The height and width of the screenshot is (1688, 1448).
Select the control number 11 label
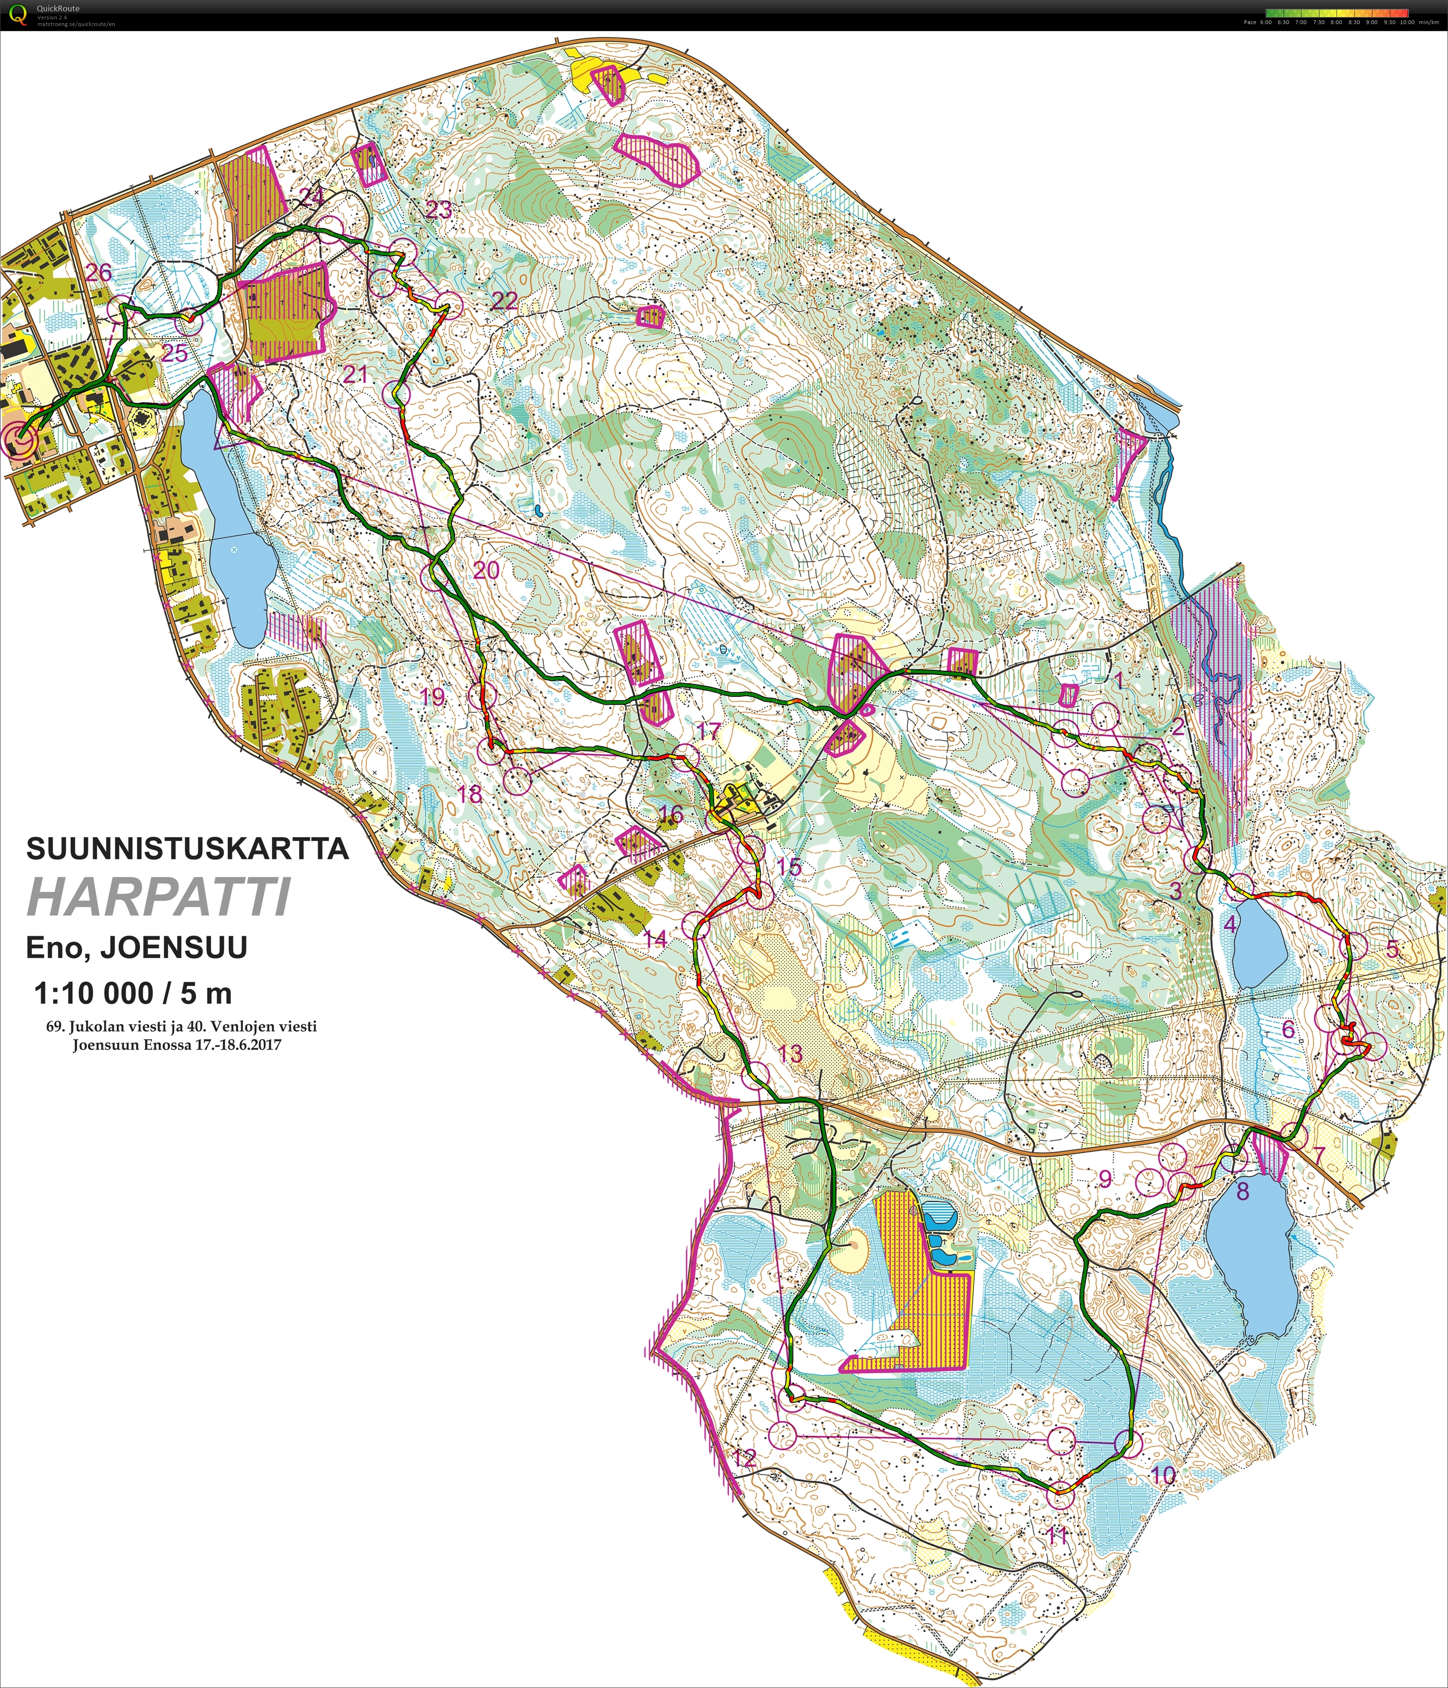[x=1057, y=1535]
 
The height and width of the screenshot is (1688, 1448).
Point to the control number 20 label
[x=486, y=570]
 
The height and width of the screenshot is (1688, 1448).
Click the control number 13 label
[x=790, y=1053]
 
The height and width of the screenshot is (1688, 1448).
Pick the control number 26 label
[x=99, y=272]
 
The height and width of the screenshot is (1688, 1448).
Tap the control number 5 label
[x=1392, y=949]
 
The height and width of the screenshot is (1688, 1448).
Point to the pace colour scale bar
[x=1337, y=13]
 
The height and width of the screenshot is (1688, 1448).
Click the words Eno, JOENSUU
[x=136, y=947]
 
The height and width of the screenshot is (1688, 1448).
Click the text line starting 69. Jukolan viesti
[x=181, y=1027]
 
